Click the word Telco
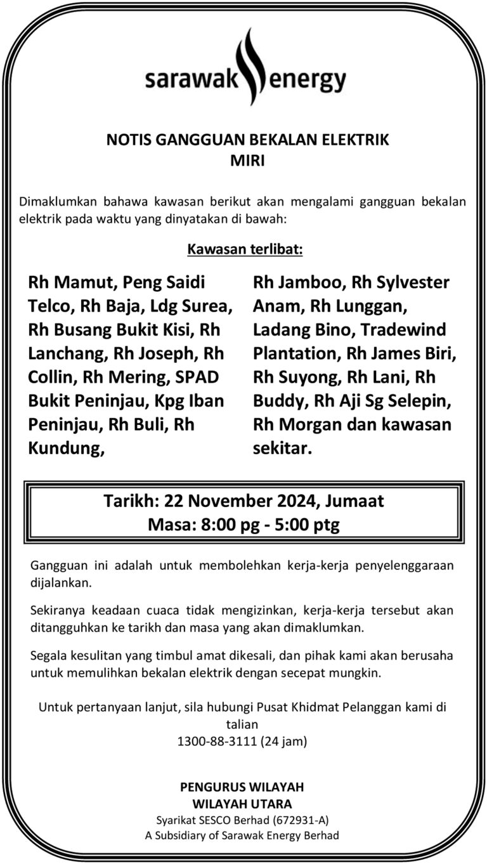(x=51, y=306)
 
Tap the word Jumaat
(x=356, y=501)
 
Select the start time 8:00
(x=226, y=525)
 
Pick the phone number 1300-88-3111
(x=216, y=740)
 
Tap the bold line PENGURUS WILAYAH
(x=242, y=787)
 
